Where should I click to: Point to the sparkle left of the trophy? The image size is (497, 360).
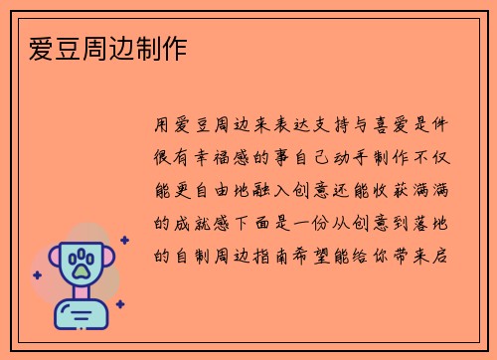[37, 274]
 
